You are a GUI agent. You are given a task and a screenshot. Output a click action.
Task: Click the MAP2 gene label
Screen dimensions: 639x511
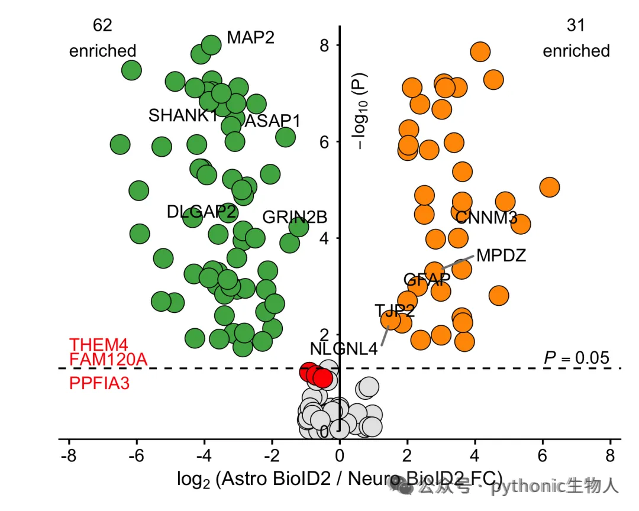[250, 37]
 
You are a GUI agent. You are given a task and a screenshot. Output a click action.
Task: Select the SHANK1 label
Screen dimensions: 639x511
[183, 115]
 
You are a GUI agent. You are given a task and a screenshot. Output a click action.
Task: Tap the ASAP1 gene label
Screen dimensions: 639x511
[272, 121]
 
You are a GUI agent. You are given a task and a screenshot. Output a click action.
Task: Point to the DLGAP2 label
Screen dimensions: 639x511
[202, 212]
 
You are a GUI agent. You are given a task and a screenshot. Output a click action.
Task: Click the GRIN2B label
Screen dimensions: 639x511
[295, 217]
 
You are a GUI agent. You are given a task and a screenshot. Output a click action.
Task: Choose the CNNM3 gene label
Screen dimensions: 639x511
[486, 218]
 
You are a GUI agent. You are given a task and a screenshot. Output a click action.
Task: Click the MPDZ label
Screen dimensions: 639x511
[501, 256]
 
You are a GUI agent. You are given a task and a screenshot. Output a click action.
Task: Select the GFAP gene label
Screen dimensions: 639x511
[427, 280]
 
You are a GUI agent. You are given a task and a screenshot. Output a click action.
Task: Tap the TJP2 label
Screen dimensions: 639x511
[395, 311]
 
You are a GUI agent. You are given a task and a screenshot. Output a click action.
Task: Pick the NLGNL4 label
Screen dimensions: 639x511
[344, 349]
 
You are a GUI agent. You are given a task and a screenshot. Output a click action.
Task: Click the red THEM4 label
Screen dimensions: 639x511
[99, 345]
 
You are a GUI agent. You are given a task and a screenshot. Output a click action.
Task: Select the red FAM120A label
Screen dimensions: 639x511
[108, 360]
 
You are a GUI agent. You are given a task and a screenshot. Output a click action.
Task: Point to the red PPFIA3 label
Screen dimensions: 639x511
[99, 383]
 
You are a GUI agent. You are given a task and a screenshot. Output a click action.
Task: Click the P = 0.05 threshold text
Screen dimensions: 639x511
[576, 358]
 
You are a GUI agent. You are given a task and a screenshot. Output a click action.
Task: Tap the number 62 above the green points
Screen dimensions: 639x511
[102, 25]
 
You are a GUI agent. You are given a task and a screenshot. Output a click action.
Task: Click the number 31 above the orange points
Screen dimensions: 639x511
[576, 25]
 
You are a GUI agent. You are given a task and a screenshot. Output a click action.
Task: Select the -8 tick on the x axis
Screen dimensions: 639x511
[69, 455]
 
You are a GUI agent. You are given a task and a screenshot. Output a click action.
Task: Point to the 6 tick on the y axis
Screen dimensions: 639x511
[324, 142]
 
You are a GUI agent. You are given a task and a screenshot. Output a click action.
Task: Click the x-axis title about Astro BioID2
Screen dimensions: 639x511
[340, 479]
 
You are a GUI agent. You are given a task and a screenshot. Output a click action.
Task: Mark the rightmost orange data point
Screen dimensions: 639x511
[549, 187]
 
